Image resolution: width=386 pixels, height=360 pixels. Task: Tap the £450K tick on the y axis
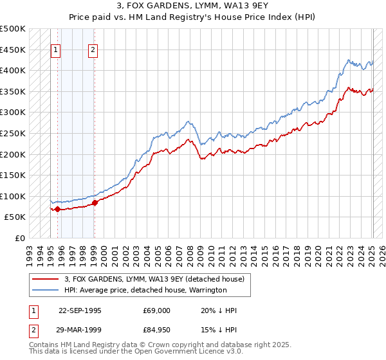[x=13, y=50]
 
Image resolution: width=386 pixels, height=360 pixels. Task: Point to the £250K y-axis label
[x=13, y=133]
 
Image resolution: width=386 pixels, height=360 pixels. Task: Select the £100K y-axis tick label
[x=13, y=196]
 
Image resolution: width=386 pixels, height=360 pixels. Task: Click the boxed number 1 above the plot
[x=56, y=50]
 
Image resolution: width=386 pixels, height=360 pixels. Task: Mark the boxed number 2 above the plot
[x=93, y=50]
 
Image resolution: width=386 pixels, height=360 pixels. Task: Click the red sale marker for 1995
[x=58, y=209]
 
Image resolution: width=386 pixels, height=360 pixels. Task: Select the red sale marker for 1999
[x=95, y=203]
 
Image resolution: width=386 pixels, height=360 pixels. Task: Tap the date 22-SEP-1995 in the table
[x=80, y=310]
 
